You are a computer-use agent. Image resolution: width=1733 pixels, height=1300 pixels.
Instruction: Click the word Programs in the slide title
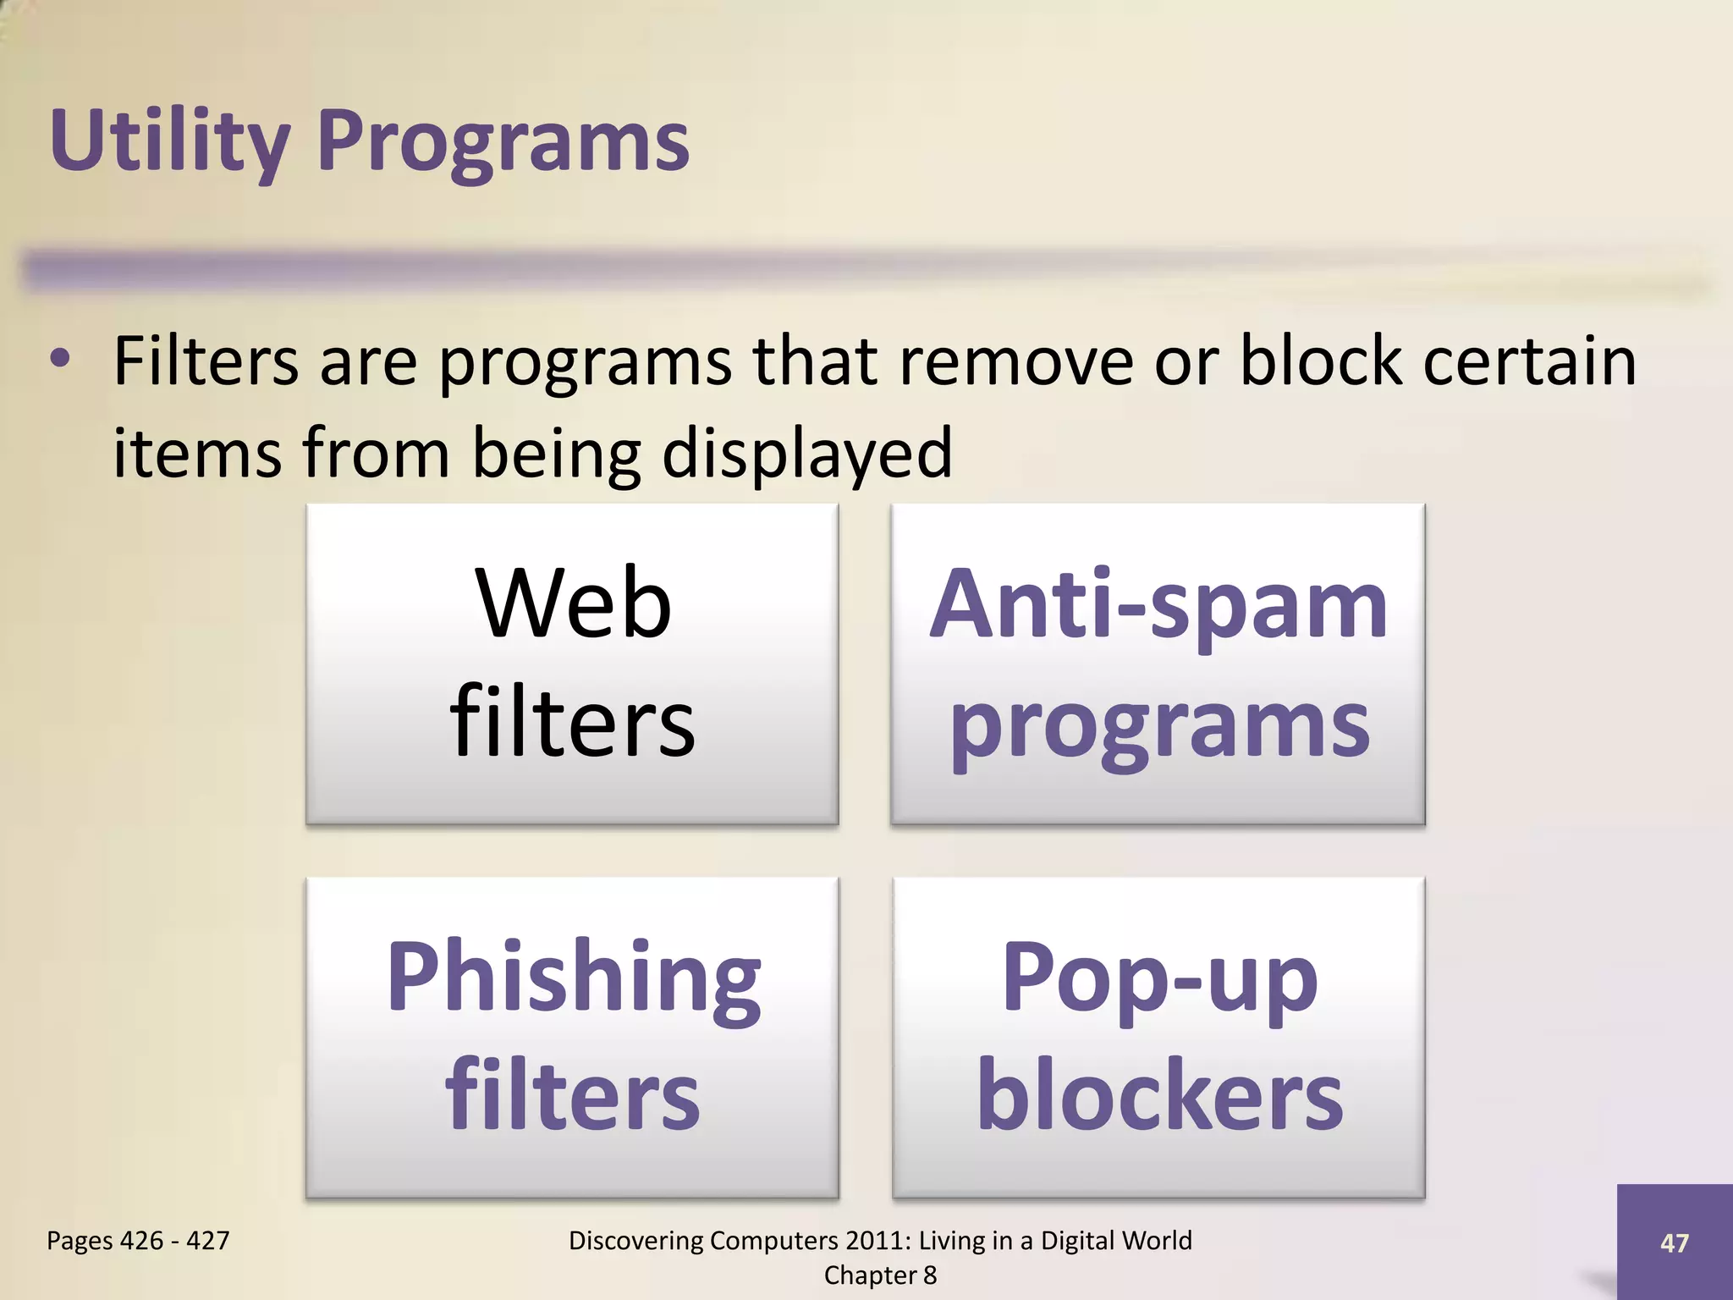[x=503, y=141]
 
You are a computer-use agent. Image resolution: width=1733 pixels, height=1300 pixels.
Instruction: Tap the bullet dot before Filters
[x=59, y=359]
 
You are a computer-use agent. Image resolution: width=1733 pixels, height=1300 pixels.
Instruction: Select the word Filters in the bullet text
[x=206, y=361]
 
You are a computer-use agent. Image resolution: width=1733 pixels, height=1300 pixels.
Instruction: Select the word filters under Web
[x=573, y=721]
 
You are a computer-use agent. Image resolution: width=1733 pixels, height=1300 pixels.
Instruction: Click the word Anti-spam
[x=1158, y=604]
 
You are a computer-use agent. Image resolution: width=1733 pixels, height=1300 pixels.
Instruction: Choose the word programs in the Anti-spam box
[x=1158, y=726]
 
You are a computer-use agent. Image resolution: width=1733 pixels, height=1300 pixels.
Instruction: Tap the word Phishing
[x=573, y=978]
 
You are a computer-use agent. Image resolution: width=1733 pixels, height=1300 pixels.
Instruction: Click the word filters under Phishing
[x=573, y=1095]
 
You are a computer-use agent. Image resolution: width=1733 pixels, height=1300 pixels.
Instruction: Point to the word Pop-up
[x=1158, y=979]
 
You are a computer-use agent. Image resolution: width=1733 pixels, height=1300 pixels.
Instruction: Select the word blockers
[x=1158, y=1095]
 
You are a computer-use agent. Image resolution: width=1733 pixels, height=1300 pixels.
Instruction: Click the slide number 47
[x=1674, y=1242]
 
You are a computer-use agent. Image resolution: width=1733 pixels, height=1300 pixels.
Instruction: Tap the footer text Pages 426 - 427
[x=138, y=1241]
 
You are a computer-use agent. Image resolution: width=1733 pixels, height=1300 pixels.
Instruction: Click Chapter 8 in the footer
[x=880, y=1275]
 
